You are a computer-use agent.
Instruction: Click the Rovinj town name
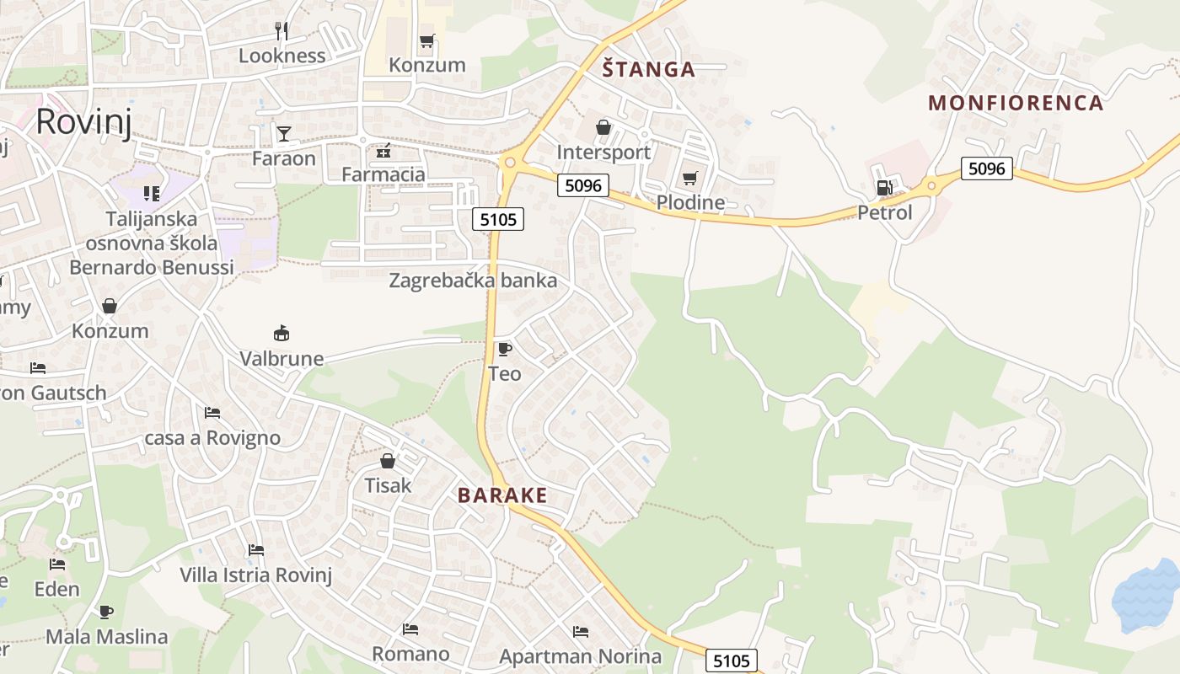point(83,121)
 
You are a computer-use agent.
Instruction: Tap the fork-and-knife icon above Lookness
point(282,31)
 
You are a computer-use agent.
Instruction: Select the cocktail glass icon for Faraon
point(283,134)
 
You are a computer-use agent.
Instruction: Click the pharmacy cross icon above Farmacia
point(383,151)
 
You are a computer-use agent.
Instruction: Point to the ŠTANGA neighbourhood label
point(649,69)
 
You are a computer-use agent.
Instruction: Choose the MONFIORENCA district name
point(1016,103)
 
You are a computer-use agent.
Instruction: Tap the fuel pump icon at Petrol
point(884,188)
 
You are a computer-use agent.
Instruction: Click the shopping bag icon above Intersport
point(603,127)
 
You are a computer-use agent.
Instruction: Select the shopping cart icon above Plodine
point(690,178)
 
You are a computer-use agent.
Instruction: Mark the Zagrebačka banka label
point(473,281)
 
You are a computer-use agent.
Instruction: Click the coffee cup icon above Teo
point(504,349)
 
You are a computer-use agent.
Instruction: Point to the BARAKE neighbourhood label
point(502,495)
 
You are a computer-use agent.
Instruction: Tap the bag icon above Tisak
point(388,461)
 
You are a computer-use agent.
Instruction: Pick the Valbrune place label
point(282,359)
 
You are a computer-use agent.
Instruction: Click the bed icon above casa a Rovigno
point(212,413)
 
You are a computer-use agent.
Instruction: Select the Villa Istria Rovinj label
point(256,575)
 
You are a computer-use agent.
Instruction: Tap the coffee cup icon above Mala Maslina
point(106,612)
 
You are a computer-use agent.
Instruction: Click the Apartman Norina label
point(581,656)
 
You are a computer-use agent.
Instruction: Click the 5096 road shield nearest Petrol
point(986,168)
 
